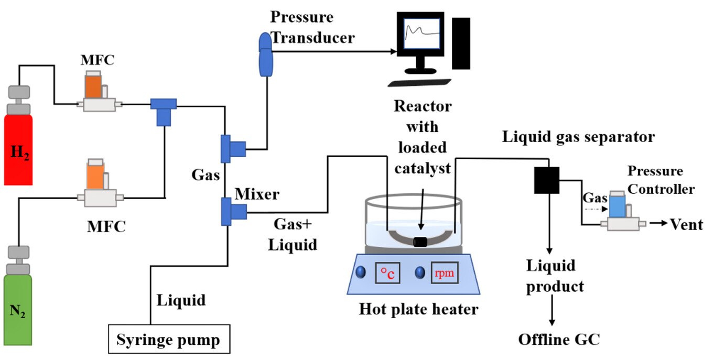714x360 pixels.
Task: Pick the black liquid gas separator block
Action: click(547, 179)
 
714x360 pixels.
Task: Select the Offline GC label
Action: click(559, 340)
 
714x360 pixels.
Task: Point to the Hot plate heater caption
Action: click(418, 309)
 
